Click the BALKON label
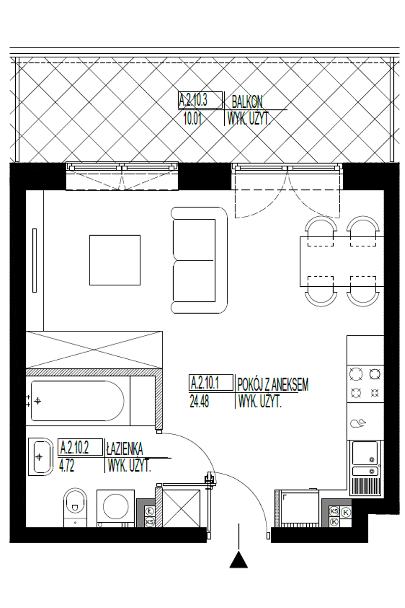click(247, 102)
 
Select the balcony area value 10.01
click(192, 119)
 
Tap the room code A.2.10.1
click(205, 383)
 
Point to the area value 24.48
click(199, 401)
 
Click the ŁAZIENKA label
click(124, 448)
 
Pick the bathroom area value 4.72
click(66, 466)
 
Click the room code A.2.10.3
click(193, 100)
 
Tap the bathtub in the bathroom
click(77, 401)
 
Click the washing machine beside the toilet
click(115, 508)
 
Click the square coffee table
click(115, 260)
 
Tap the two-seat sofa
click(199, 260)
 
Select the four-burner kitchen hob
click(365, 384)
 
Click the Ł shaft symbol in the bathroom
click(149, 512)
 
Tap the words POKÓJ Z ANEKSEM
click(273, 384)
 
